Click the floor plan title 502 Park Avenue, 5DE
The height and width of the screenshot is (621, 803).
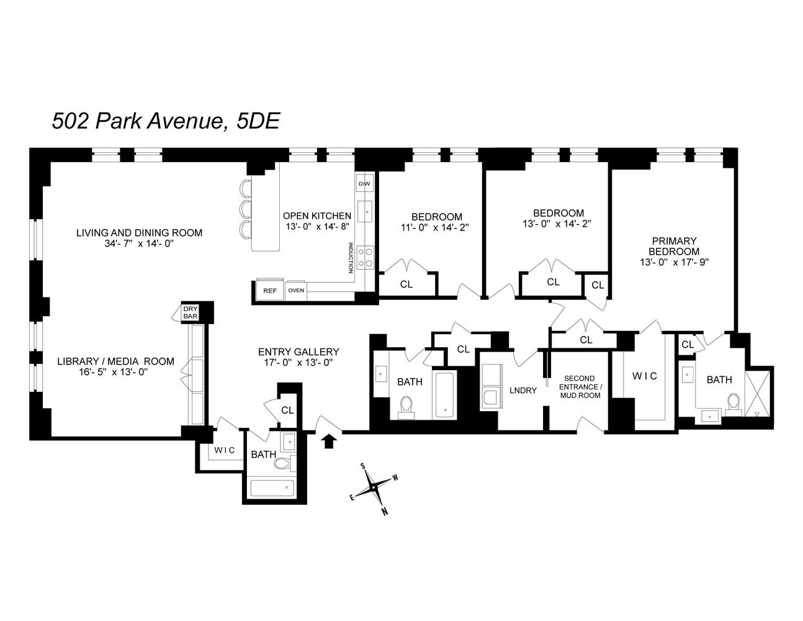tap(166, 120)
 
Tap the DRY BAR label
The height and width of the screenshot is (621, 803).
tap(190, 312)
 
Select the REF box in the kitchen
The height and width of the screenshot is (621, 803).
tap(269, 290)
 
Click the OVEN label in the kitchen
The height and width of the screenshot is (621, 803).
tap(296, 290)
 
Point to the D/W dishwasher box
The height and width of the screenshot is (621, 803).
tap(364, 184)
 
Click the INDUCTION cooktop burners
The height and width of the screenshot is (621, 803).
tap(365, 257)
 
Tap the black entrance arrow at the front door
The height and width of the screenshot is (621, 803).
tap(330, 440)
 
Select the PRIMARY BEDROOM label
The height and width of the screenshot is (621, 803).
tap(673, 251)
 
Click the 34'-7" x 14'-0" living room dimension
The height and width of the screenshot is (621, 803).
tap(139, 243)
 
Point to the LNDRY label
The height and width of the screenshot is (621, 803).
tap(523, 390)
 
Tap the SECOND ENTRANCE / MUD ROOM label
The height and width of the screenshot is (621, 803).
tap(578, 386)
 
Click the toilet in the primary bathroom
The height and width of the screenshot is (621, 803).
tap(733, 403)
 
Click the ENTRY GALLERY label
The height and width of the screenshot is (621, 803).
tap(298, 351)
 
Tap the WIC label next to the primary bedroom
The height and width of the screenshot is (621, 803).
tap(644, 376)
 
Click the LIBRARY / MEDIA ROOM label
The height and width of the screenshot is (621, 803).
tap(115, 361)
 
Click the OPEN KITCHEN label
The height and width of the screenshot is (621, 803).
tap(316, 215)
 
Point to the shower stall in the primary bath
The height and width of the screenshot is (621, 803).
tap(757, 391)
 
